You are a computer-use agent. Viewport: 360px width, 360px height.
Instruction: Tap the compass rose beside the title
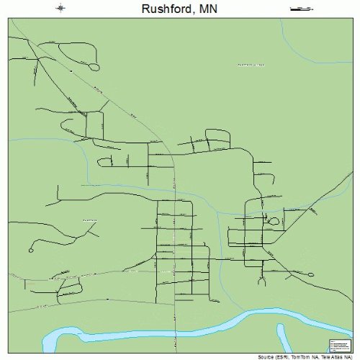[60, 9]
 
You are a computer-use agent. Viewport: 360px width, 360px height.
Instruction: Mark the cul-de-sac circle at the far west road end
[30, 250]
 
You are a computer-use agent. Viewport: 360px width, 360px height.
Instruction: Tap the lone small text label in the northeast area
[251, 65]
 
